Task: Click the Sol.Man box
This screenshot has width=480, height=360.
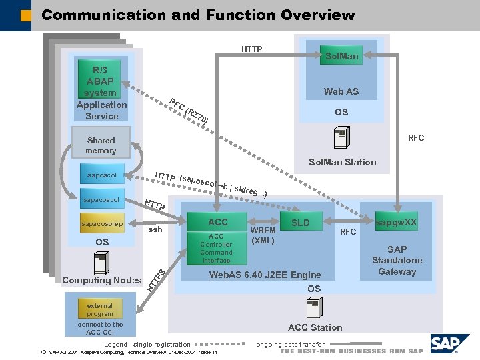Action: [341, 56]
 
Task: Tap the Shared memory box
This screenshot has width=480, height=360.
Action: [101, 145]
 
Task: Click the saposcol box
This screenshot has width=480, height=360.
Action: [101, 175]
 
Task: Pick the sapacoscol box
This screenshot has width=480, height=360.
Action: [101, 200]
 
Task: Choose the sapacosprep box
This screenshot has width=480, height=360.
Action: [101, 224]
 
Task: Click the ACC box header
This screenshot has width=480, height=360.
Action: [217, 222]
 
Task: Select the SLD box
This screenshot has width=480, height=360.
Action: [301, 223]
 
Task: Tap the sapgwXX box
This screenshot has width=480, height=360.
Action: [396, 223]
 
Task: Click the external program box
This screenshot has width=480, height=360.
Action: [100, 310]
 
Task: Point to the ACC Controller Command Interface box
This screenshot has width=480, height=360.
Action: [217, 249]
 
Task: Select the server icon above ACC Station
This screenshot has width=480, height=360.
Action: [314, 308]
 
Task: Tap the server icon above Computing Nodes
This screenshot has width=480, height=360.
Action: [101, 263]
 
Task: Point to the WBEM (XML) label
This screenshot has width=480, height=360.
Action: [263, 235]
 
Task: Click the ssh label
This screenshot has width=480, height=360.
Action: [155, 229]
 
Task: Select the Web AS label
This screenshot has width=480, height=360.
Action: [341, 91]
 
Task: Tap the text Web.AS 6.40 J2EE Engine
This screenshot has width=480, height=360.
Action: [255, 275]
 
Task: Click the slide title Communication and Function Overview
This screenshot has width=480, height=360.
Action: [198, 15]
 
